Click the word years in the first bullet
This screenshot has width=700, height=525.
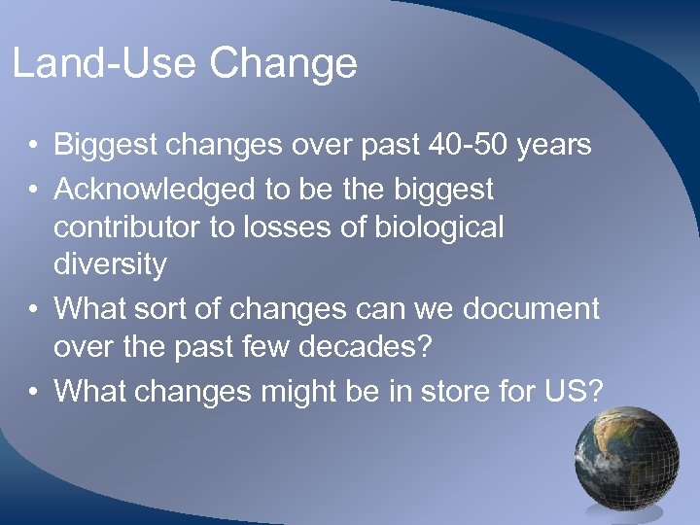click(x=553, y=146)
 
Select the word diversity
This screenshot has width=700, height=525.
click(x=110, y=264)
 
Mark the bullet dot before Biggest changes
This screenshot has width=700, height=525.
click(x=32, y=147)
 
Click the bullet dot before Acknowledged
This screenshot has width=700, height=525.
click(x=32, y=189)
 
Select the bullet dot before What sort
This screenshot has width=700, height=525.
click(x=32, y=310)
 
